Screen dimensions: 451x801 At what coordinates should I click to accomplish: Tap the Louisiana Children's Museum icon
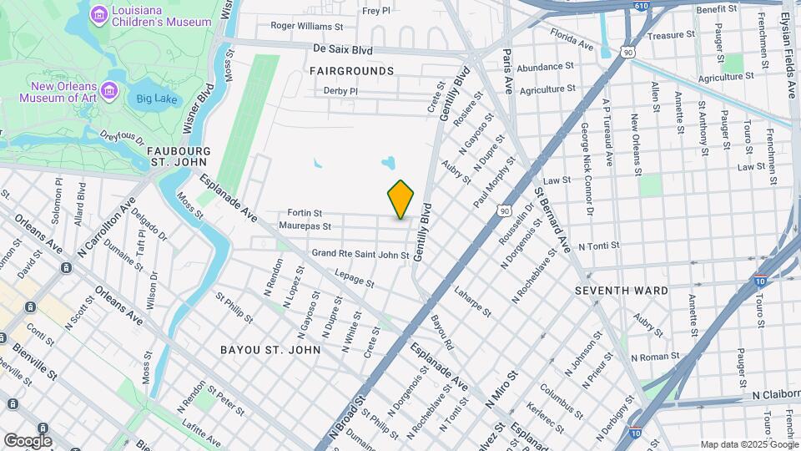[x=99, y=13]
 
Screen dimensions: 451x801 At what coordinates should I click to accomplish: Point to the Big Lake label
[x=156, y=99]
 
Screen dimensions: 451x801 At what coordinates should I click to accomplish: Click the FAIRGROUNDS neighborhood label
[x=351, y=71]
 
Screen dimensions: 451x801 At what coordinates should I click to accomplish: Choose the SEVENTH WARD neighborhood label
[x=622, y=291]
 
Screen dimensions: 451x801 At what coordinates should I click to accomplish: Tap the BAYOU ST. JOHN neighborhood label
[x=270, y=349]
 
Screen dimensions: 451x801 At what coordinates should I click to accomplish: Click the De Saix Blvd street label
[x=342, y=50]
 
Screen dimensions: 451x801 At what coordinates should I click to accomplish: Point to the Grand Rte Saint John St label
[x=360, y=254]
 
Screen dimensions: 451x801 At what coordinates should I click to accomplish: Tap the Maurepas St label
[x=305, y=225]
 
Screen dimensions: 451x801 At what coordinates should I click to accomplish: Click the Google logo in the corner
[x=28, y=440]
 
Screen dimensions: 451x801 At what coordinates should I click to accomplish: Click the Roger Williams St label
[x=306, y=27]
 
